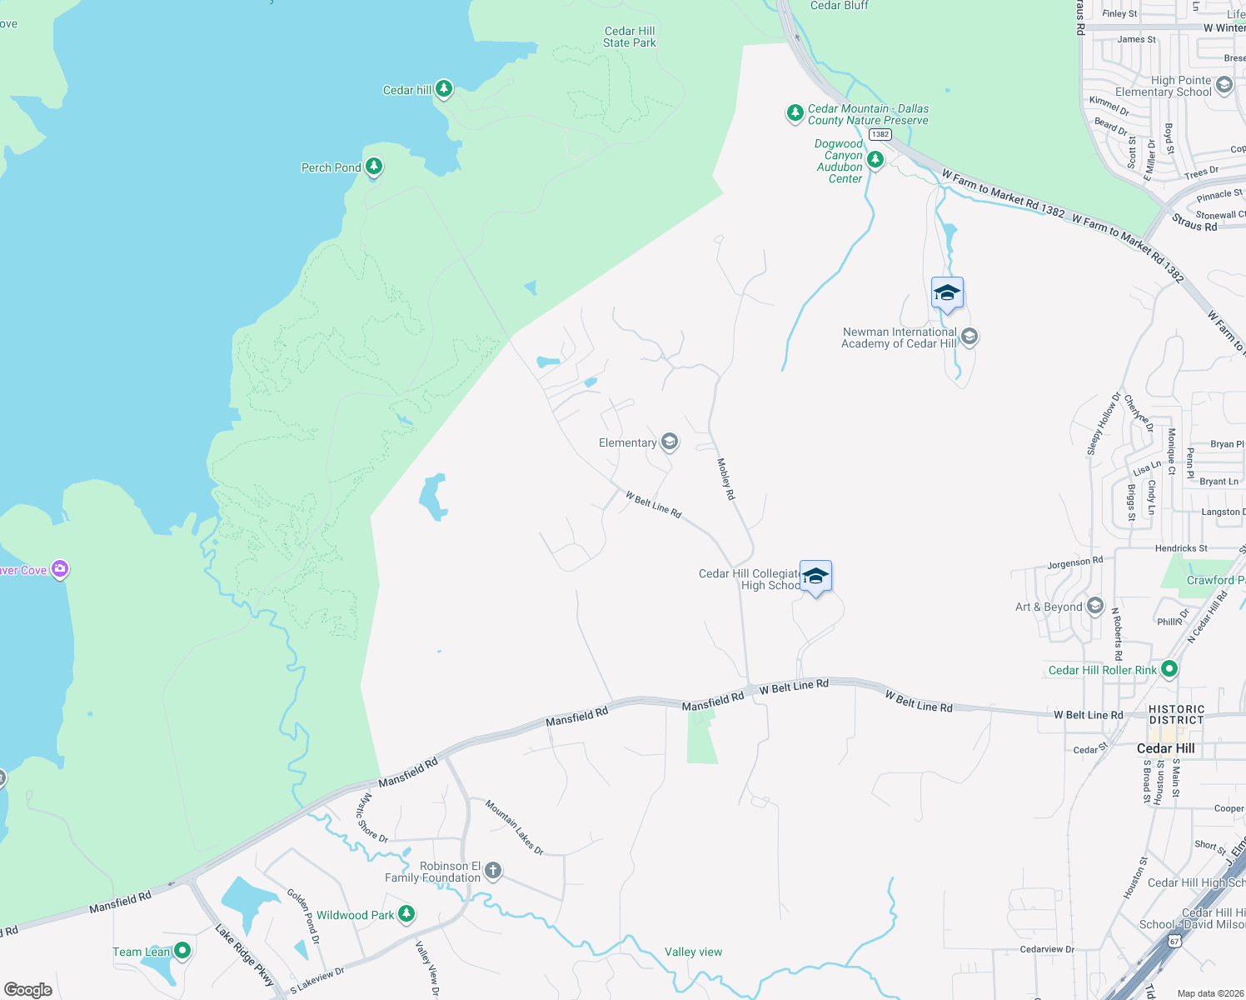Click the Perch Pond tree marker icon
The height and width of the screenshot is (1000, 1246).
pos(374,167)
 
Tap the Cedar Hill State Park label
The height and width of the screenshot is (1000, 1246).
pos(630,37)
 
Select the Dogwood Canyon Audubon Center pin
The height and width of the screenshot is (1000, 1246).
pos(875,158)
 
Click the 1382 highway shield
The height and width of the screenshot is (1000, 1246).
pos(880,134)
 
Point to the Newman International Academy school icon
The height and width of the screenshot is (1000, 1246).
pos(969,337)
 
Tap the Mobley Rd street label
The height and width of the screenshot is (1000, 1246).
pos(726,479)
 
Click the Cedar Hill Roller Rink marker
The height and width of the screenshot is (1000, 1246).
pos(1169,668)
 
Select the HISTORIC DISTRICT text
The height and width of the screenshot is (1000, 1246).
pos(1176,715)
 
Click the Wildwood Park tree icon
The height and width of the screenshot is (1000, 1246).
pos(406,914)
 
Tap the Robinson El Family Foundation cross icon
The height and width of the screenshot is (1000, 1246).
pos(493,871)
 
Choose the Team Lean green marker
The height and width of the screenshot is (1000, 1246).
pos(182,950)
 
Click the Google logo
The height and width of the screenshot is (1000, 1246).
pos(28,989)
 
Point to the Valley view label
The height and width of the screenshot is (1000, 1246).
pos(693,952)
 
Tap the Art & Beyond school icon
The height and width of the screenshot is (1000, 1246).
pos(1094,606)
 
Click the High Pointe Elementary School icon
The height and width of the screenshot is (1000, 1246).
pos(1224,84)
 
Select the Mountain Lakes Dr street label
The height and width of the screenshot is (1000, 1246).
pos(515,827)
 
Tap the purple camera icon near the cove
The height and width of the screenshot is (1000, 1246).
pos(60,569)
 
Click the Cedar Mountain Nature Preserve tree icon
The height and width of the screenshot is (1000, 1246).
pos(795,112)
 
